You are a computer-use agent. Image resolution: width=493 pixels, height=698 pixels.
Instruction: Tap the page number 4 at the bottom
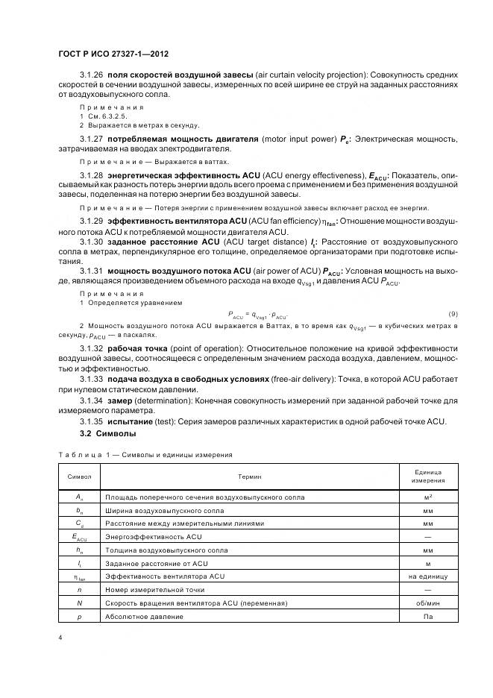(x=60, y=638)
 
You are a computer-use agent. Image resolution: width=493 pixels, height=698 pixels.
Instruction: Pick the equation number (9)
(x=453, y=312)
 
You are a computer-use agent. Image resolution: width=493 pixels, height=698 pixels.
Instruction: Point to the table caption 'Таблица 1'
(x=81, y=453)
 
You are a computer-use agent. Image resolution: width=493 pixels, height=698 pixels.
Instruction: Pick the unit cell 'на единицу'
(x=427, y=576)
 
